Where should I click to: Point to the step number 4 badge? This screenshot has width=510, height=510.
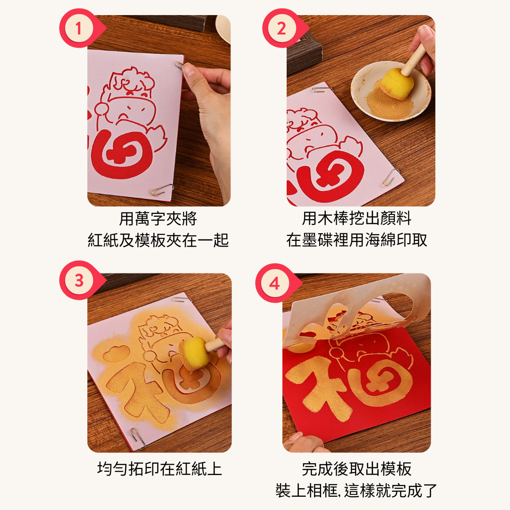pyautogui.click(x=274, y=283)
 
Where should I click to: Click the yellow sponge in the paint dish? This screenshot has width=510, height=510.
pyautogui.click(x=397, y=84)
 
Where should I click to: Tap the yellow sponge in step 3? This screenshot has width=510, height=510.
pyautogui.click(x=194, y=351)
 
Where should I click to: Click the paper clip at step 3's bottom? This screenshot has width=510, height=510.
pyautogui.click(x=138, y=438)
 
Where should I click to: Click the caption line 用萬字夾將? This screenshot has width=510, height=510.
pyautogui.click(x=158, y=219)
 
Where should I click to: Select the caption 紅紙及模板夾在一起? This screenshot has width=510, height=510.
pyautogui.click(x=158, y=240)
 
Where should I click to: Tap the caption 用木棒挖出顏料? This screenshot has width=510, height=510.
pyautogui.click(x=357, y=219)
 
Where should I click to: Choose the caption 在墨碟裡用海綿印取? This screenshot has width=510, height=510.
pyautogui.click(x=357, y=240)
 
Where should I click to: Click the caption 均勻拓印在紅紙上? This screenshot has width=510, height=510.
pyautogui.click(x=159, y=469)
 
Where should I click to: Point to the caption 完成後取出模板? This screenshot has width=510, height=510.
pyautogui.click(x=357, y=469)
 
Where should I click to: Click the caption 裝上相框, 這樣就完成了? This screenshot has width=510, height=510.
pyautogui.click(x=357, y=490)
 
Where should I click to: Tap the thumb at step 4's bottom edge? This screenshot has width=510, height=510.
pyautogui.click(x=302, y=443)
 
